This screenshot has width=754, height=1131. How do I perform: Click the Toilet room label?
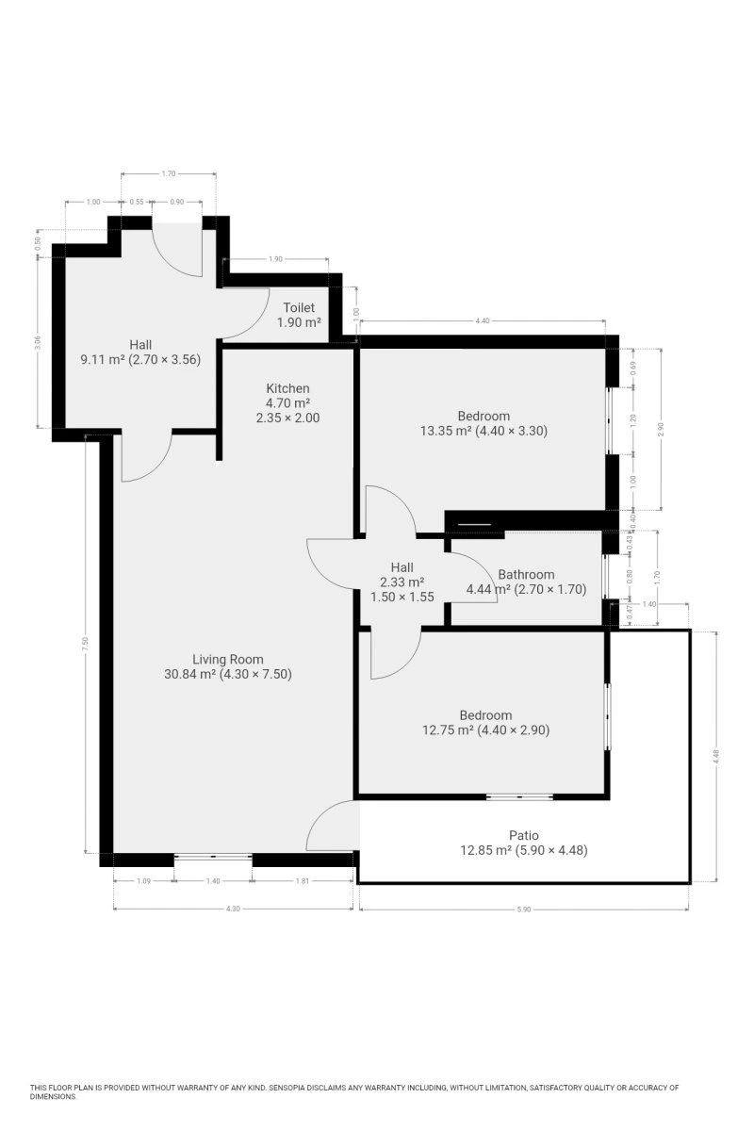click(x=299, y=307)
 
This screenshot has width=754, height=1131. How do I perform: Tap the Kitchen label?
click(x=287, y=388)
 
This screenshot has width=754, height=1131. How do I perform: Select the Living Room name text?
click(x=228, y=660)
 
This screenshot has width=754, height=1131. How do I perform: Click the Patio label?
click(x=524, y=836)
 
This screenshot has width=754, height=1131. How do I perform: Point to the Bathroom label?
click(x=526, y=575)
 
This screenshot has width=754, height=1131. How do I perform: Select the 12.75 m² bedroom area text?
click(x=448, y=730)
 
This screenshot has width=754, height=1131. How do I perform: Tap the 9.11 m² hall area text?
click(x=102, y=359)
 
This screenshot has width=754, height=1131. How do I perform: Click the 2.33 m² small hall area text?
click(x=402, y=582)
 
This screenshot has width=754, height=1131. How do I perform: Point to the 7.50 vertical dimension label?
click(x=86, y=644)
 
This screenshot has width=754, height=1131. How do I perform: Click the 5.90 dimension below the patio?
click(x=524, y=910)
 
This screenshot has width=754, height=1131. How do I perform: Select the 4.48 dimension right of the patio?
click(x=716, y=756)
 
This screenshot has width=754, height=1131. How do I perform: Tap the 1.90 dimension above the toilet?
click(x=275, y=259)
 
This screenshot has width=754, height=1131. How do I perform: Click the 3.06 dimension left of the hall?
click(x=38, y=343)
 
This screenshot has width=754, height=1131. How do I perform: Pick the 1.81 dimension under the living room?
click(x=302, y=881)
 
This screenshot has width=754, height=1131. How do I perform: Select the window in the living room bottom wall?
click(x=213, y=857)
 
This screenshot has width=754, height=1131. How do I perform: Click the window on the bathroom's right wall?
click(x=605, y=577)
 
